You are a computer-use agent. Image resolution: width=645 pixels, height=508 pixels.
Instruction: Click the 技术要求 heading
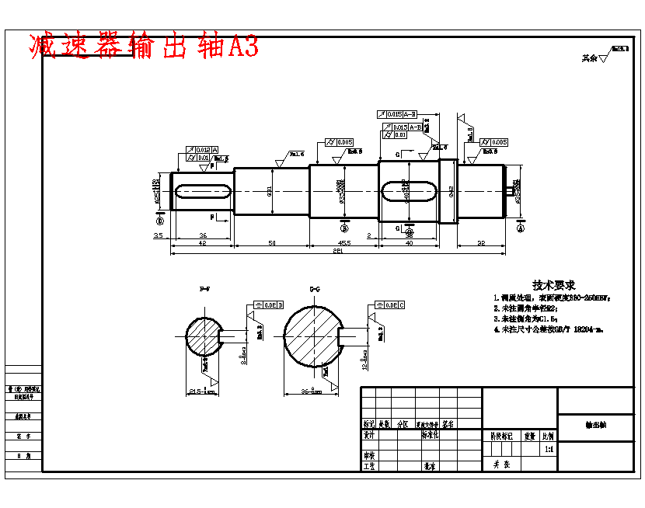pyautogui.click(x=553, y=285)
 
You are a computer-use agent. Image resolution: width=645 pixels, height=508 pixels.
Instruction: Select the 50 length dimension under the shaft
pyautogui.click(x=272, y=244)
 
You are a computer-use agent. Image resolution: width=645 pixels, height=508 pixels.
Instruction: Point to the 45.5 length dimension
pyautogui.click(x=343, y=244)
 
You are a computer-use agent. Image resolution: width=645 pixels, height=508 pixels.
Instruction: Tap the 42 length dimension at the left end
pyautogui.click(x=202, y=244)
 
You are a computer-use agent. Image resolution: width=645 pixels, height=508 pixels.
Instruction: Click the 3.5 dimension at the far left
pyautogui.click(x=158, y=235)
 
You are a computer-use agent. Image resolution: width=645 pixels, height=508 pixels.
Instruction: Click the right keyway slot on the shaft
pyautogui.click(x=409, y=190)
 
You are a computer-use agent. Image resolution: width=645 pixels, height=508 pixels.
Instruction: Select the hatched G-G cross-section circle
pyautogui.click(x=312, y=338)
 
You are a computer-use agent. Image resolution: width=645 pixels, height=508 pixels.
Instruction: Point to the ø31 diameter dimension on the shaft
pyautogui.click(x=270, y=189)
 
